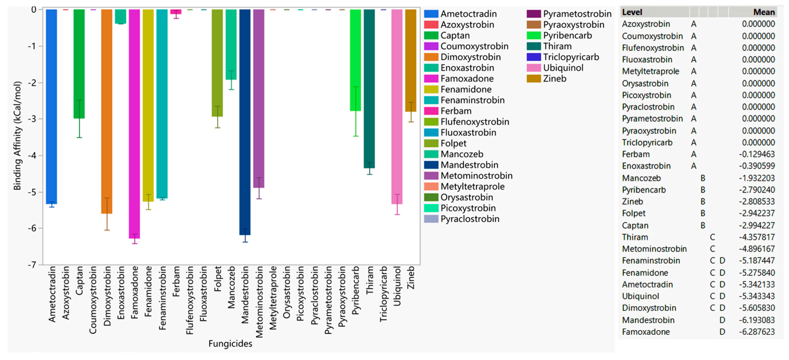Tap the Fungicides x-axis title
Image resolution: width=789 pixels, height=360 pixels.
point(230,344)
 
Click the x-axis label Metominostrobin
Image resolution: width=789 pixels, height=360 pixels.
point(259,302)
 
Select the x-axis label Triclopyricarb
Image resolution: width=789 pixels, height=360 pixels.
point(383,294)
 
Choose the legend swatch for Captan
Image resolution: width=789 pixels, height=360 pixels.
point(431,36)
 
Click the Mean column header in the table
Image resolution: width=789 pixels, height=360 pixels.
point(764,12)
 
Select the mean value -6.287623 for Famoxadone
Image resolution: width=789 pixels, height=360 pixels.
point(757,332)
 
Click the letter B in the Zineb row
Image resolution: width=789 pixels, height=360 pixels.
point(703,202)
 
